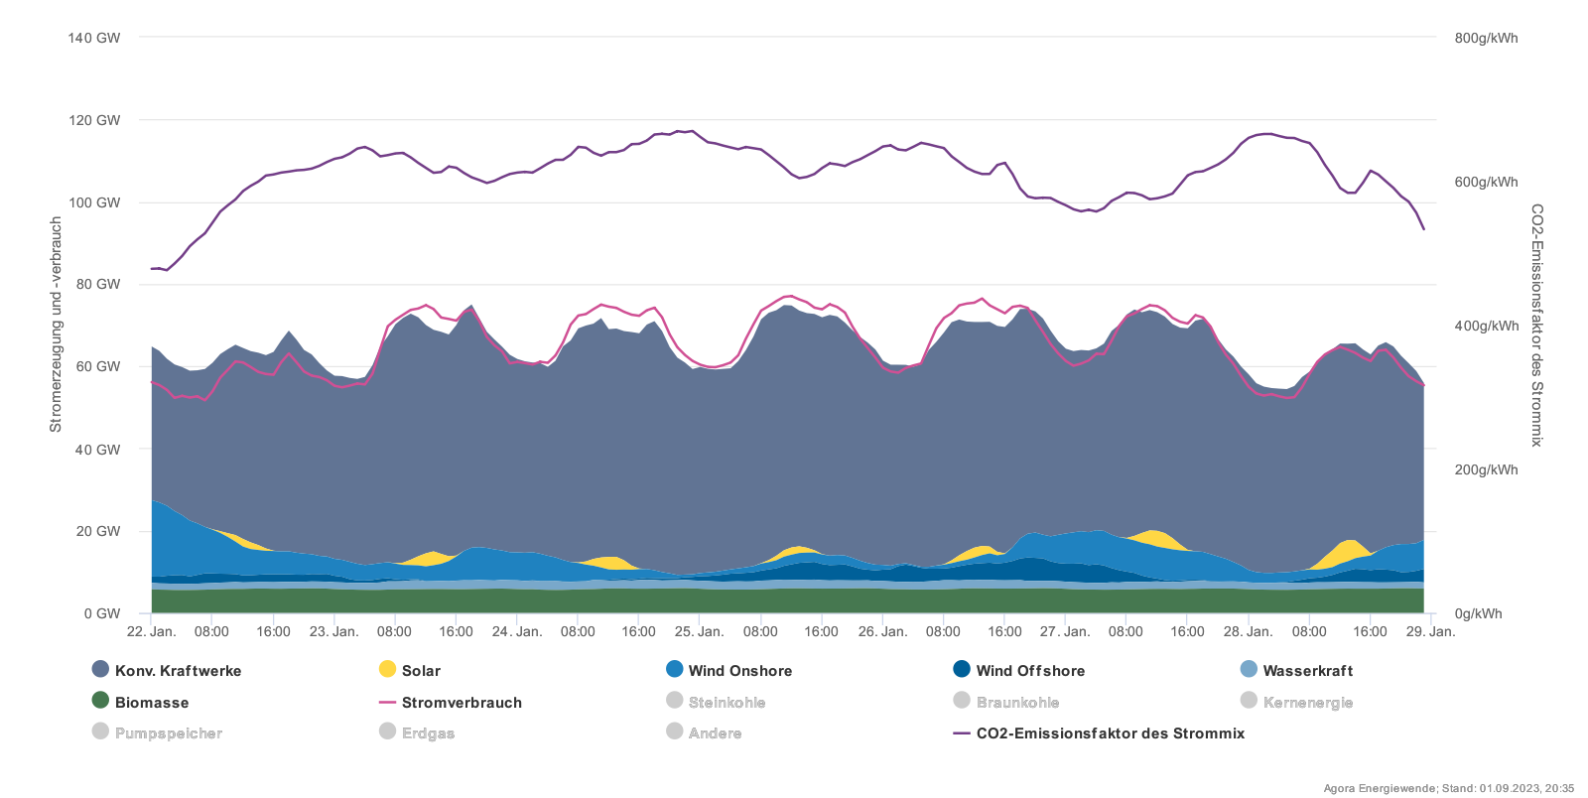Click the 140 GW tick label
tap(94, 38)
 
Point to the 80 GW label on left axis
tap(98, 284)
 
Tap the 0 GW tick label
tap(102, 613)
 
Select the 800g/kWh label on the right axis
tap(1486, 38)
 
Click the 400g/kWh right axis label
tap(1486, 326)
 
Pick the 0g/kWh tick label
tap(1478, 613)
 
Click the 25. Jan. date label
tap(699, 631)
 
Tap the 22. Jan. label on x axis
tap(152, 631)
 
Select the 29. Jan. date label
tap(1430, 631)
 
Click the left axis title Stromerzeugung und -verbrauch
tap(56, 325)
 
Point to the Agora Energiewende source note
tap(1448, 788)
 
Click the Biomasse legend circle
tap(100, 700)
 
